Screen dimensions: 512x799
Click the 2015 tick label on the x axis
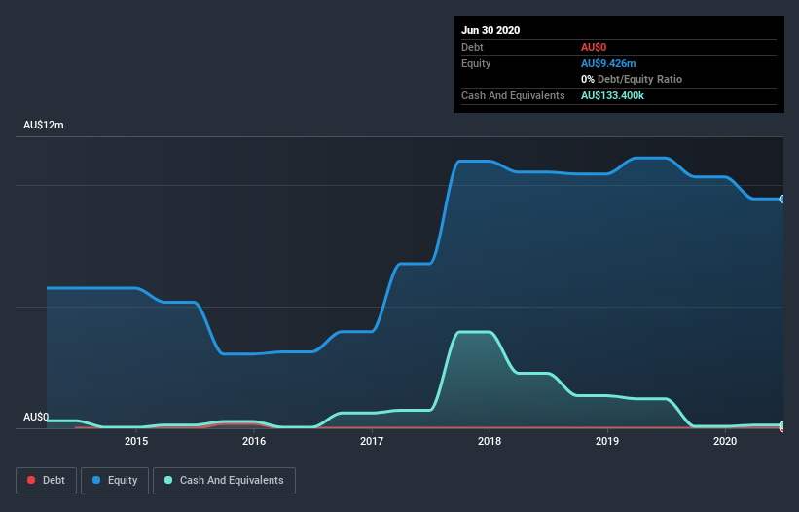coord(136,442)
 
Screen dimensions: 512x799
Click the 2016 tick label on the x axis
coord(254,442)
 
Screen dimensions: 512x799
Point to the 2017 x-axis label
coord(372,442)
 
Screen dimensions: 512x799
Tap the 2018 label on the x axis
coord(490,442)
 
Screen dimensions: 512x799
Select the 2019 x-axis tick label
coord(607,442)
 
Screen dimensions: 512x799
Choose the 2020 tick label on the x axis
coord(725,442)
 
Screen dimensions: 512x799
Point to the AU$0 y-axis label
coord(36,417)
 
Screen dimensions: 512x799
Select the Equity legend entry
coord(115,480)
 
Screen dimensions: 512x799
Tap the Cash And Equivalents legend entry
coord(224,480)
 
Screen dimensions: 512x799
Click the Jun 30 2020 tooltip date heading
coord(490,30)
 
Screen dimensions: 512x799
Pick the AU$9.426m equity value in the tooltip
coord(607,63)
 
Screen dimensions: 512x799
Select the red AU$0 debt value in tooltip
coord(594,47)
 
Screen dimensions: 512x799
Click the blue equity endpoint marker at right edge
coord(782,199)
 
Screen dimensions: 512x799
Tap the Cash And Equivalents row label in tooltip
coord(513,95)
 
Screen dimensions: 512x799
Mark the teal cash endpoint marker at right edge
coord(782,425)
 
